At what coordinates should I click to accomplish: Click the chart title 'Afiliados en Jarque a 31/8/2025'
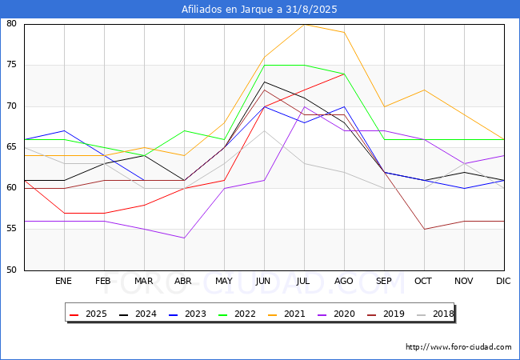[259, 10]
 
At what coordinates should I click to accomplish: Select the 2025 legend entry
[89, 314]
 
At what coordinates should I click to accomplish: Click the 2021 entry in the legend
[287, 314]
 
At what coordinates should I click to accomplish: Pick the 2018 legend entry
[434, 314]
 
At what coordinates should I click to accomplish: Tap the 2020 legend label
[336, 314]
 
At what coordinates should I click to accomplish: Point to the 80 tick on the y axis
[11, 23]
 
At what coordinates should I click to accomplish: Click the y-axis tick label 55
[11, 229]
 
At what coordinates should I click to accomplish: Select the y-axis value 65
[11, 147]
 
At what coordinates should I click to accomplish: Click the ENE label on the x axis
[63, 281]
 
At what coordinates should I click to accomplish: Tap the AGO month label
[343, 281]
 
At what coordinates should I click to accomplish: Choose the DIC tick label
[503, 281]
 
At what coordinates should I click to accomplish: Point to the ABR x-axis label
[183, 281]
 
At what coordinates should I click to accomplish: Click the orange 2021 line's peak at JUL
[305, 24]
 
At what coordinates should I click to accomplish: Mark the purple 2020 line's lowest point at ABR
[184, 238]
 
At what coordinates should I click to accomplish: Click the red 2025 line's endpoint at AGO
[345, 74]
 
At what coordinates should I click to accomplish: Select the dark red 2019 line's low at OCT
[425, 229]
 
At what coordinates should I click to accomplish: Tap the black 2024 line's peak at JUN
[264, 82]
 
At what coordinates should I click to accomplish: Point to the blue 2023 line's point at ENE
[64, 130]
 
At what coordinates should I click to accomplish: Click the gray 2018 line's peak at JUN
[264, 130]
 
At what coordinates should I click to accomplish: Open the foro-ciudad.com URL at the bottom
[458, 347]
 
